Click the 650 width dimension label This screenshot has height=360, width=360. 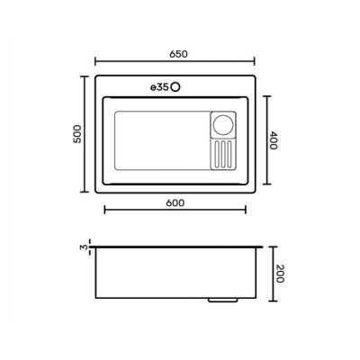[x=178, y=54]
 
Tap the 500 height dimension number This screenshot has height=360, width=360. [x=77, y=134]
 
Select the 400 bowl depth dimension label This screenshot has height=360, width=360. [x=274, y=140]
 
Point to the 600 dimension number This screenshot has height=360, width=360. [x=175, y=203]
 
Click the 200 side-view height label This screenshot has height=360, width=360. [x=280, y=274]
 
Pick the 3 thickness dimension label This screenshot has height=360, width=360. [x=85, y=247]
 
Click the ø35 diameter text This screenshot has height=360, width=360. [x=159, y=87]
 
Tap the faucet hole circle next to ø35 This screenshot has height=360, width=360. [x=175, y=87]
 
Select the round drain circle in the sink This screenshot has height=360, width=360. [x=223, y=124]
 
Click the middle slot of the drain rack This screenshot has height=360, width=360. [x=223, y=154]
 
